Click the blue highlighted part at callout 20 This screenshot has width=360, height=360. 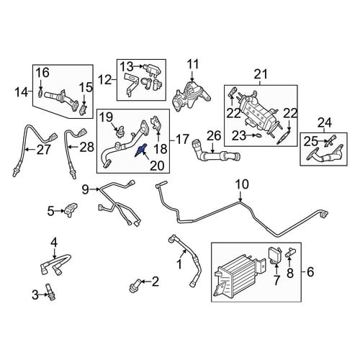click(x=140, y=150)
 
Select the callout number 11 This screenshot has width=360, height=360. click(x=193, y=65)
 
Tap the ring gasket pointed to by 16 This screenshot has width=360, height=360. click(x=41, y=94)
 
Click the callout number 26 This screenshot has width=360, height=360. click(x=214, y=136)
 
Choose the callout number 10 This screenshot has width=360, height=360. click(x=242, y=185)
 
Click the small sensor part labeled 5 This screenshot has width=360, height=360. click(x=71, y=210)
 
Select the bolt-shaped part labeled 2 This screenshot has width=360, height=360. click(x=136, y=285)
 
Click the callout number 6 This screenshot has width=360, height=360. click(x=310, y=272)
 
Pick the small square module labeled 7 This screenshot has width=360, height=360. click(x=275, y=256)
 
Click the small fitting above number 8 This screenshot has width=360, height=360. click(x=291, y=253)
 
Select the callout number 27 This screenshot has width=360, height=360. click(x=44, y=150)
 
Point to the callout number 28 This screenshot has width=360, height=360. click(x=87, y=147)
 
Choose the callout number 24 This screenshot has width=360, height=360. click(x=325, y=122)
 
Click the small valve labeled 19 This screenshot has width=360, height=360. click(x=118, y=132)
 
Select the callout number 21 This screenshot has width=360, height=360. click(x=261, y=74)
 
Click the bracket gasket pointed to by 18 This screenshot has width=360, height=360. click(x=156, y=124)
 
